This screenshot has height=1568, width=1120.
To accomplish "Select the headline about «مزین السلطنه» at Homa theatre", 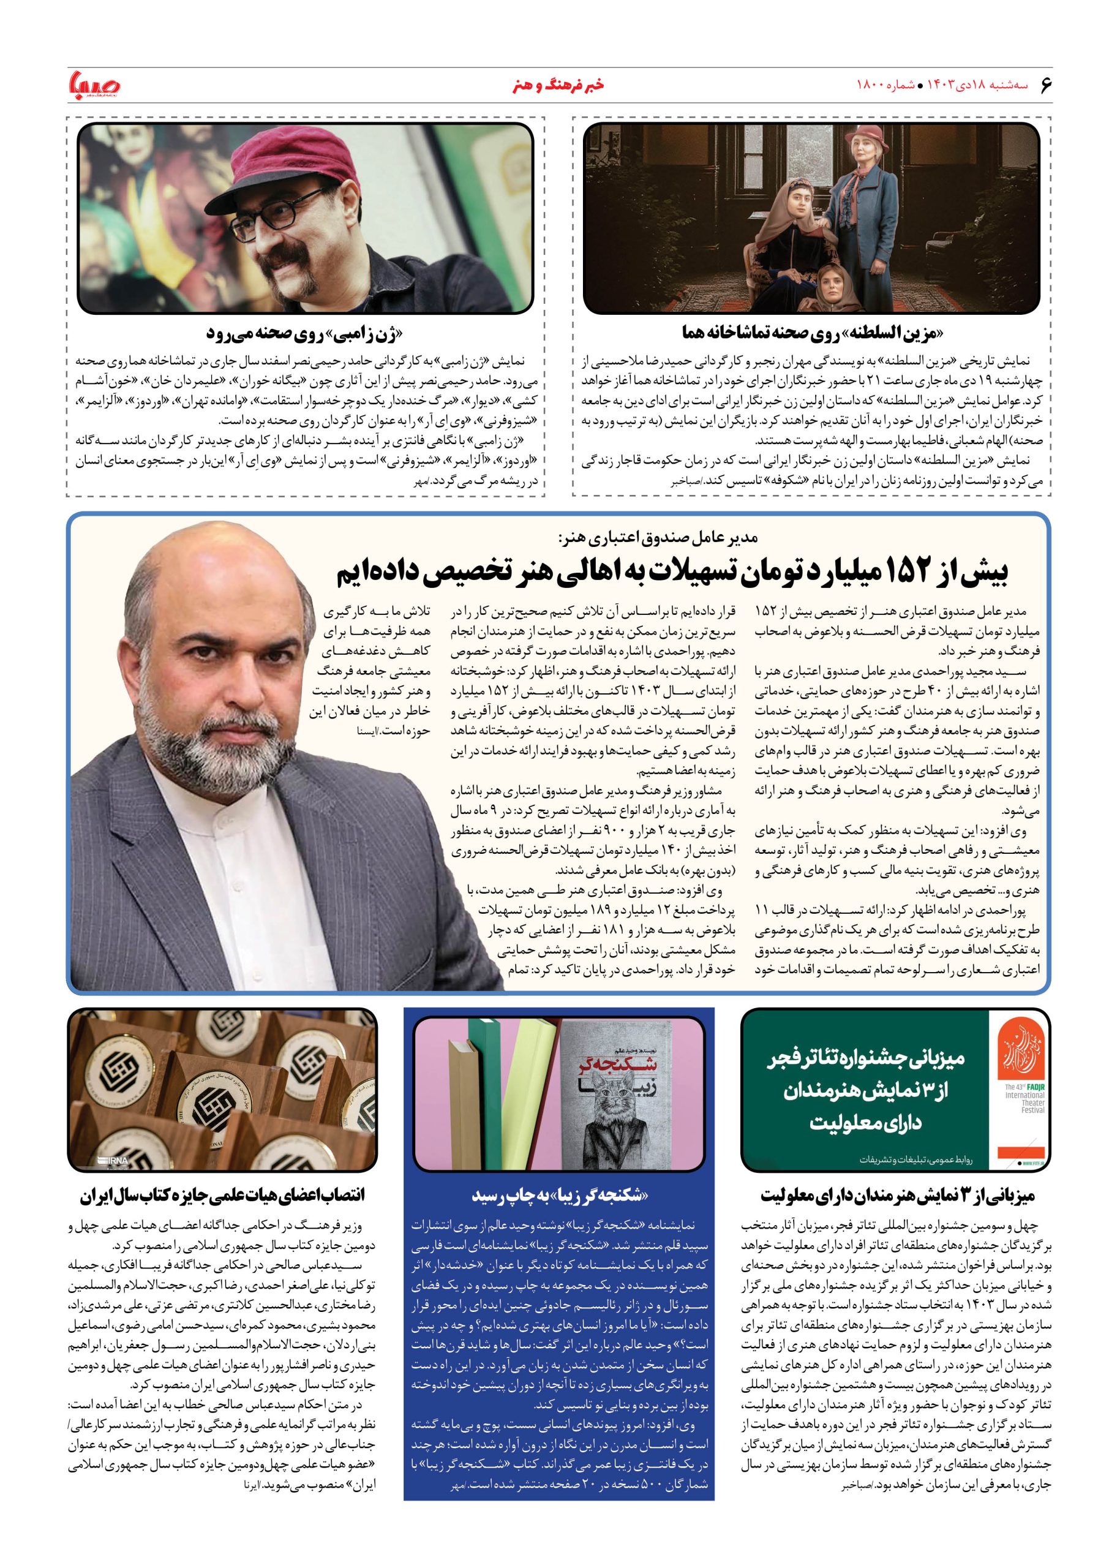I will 810,333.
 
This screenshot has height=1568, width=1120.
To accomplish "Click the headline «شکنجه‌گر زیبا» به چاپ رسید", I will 560,1196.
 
